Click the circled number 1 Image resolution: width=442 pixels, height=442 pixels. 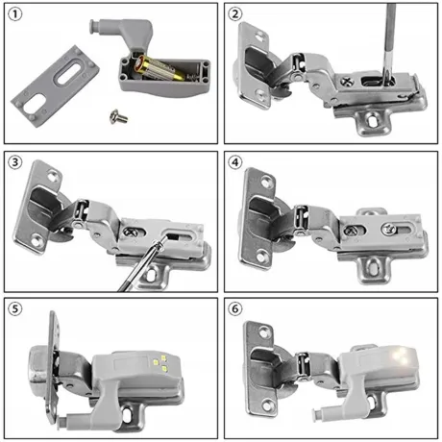coord(15,15)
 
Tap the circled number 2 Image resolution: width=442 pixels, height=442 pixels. coord(237,15)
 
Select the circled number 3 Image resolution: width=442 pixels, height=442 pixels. coord(15,160)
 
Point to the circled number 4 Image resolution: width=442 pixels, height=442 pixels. coord(237,160)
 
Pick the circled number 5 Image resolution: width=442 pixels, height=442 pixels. coord(15,307)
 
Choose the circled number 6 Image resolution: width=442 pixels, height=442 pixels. coord(237,307)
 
